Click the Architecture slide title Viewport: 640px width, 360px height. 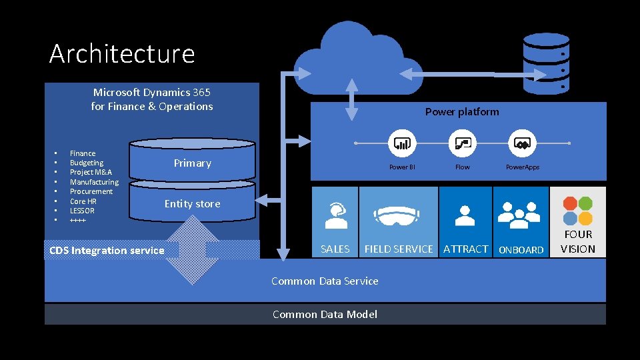(122, 53)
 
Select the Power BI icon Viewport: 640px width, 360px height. (402, 143)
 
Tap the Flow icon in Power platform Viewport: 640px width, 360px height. (462, 143)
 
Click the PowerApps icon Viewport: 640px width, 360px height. (523, 143)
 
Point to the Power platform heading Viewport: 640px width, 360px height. (462, 112)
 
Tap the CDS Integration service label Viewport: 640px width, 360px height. (107, 251)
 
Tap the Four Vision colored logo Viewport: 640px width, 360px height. (577, 211)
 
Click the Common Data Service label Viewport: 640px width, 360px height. (325, 281)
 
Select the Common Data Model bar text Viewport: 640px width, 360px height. (325, 315)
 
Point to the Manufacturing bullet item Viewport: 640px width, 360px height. (94, 182)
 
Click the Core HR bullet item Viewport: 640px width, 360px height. (83, 201)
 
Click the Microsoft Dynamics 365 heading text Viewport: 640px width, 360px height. (152, 99)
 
